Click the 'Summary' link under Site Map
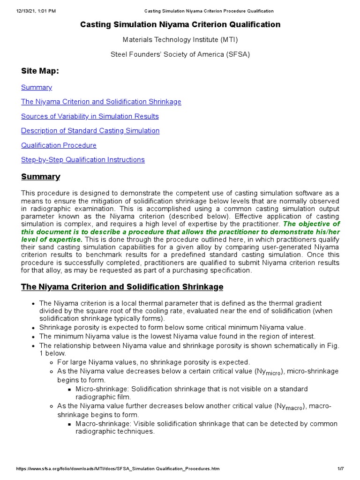coord(37,87)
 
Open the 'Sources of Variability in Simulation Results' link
coord(90,116)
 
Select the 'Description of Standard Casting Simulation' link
coord(90,131)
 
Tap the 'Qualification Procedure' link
coord(59,145)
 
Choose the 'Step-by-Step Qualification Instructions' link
coord(83,160)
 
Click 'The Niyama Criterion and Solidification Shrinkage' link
coord(101,102)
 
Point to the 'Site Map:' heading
coord(40,71)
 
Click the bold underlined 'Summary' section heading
coord(41,177)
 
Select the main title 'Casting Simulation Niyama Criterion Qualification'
coord(180,24)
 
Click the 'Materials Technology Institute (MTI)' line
coord(180,40)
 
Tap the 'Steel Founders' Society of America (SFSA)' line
coord(180,54)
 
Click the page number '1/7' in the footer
coord(341,469)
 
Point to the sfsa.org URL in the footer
coord(118,469)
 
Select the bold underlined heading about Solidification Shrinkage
coord(122,286)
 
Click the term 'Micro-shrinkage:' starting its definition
coord(102,389)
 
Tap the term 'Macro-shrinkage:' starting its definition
coord(103,424)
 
